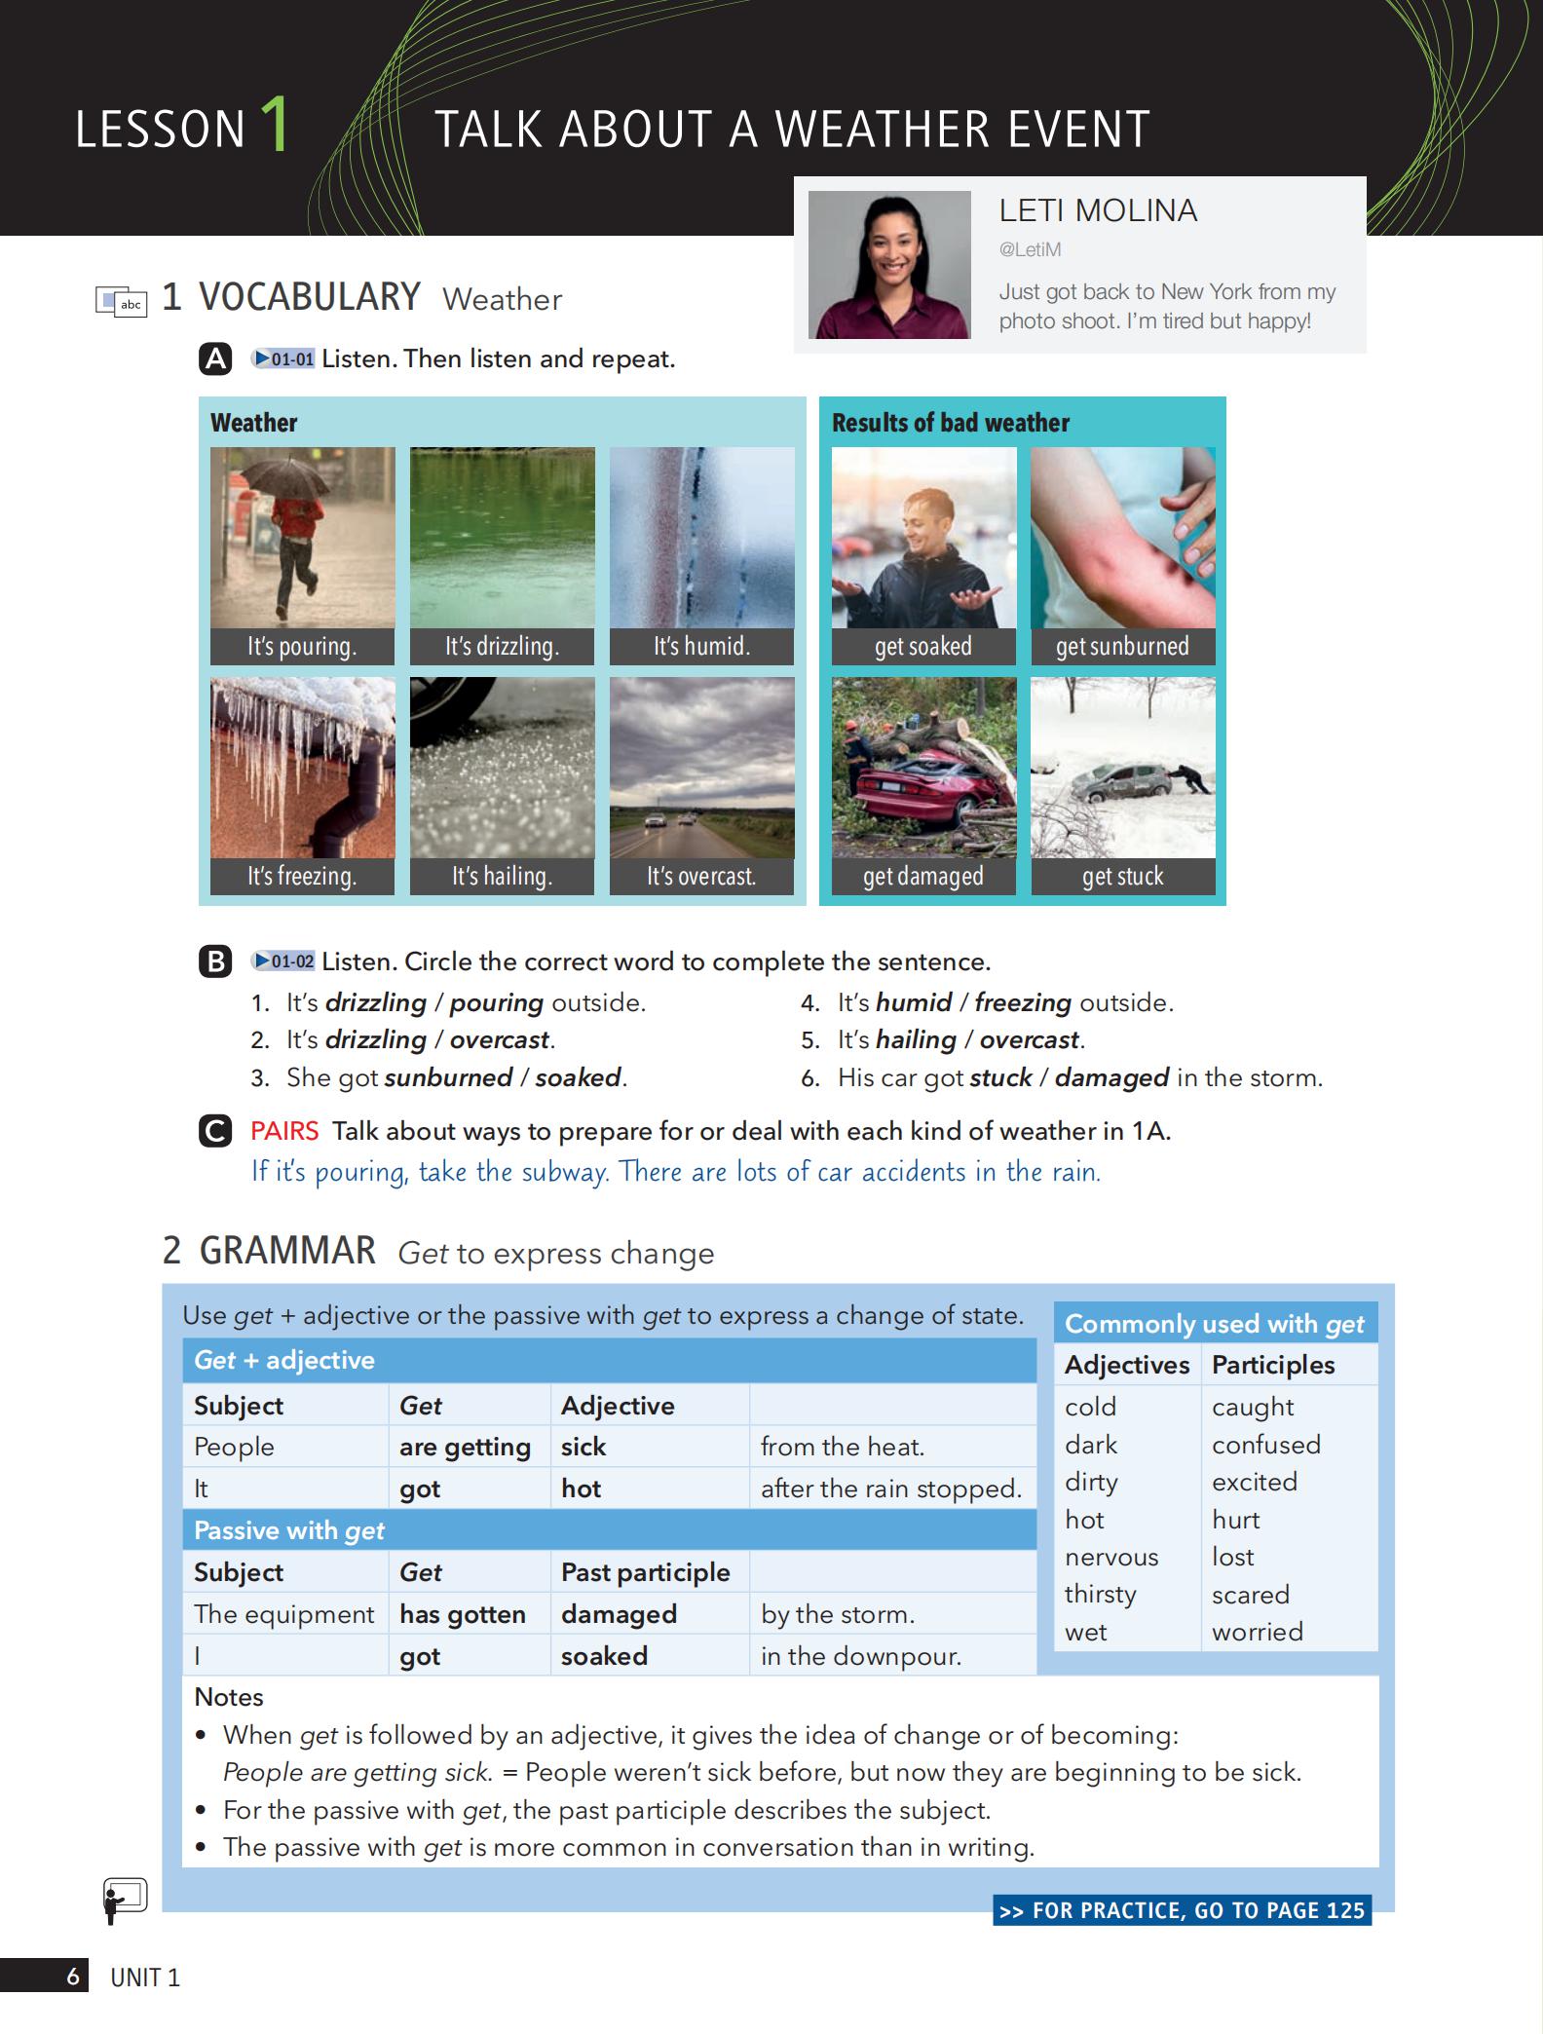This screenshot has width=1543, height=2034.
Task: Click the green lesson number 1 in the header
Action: (275, 125)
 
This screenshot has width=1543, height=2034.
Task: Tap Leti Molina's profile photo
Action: (889, 265)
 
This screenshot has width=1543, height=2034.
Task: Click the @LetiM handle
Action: (1030, 249)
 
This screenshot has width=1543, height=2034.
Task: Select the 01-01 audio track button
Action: (283, 358)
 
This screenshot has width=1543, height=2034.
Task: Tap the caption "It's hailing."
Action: (502, 876)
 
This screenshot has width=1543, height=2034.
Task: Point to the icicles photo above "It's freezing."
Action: (303, 768)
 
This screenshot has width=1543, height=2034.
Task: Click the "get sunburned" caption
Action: (1122, 646)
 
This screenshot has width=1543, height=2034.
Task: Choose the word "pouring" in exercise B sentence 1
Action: (497, 1002)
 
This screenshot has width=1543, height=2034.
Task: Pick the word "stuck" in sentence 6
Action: (1000, 1077)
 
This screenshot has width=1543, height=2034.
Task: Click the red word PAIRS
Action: (284, 1131)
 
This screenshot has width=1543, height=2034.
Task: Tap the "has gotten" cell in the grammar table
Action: (463, 1614)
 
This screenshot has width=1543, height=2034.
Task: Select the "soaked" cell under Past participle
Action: (604, 1656)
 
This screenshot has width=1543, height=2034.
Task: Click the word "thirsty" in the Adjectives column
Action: (1100, 1594)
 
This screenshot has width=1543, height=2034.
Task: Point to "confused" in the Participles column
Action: (1265, 1444)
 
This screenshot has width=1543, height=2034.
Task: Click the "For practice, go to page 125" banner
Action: (1182, 1910)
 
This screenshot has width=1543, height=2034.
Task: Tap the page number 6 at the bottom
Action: (73, 1977)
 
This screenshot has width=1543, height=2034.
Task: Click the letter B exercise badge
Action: (214, 961)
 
